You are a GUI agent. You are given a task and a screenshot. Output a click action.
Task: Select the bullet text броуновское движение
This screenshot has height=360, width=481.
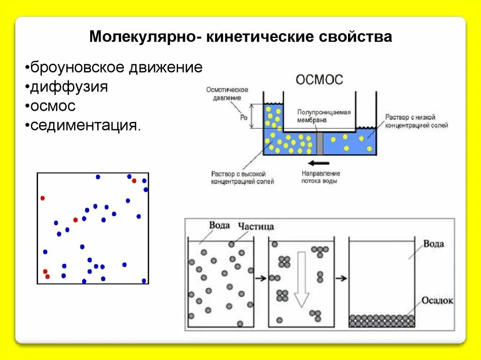tap(116, 68)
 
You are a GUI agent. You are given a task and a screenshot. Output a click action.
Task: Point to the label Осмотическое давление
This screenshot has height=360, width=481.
tap(227, 94)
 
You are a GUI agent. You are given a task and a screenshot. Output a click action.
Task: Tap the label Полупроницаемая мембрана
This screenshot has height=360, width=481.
tap(324, 116)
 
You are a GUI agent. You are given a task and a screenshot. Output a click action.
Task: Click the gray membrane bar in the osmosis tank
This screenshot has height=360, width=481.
tap(320, 143)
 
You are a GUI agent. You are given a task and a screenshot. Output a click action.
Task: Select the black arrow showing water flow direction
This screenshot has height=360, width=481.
tap(320, 163)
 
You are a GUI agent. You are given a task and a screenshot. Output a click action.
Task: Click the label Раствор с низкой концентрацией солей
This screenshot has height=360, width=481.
tap(416, 121)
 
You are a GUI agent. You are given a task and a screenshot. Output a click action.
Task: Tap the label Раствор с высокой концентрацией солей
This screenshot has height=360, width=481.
tap(242, 177)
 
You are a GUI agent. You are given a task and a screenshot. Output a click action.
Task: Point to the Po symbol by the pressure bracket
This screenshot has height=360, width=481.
tap(243, 117)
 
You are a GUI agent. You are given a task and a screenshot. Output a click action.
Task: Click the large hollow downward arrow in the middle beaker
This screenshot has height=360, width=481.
tap(301, 278)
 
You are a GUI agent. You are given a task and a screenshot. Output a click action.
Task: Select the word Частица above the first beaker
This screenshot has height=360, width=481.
tap(256, 227)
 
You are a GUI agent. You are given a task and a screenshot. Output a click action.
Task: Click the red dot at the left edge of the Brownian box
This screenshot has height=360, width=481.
tap(42, 198)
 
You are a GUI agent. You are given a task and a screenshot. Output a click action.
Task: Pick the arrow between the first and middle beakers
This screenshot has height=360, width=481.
tap(259, 278)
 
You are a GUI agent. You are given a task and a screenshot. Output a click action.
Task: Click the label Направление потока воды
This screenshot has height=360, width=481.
tap(321, 177)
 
